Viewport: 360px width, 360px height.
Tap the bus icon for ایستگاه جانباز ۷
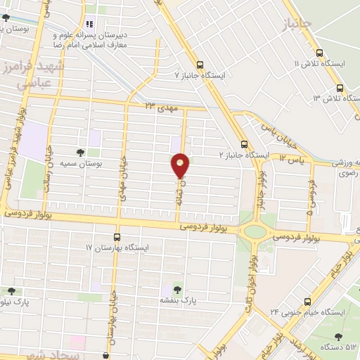200,63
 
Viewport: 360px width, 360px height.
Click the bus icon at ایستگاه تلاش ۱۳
340,88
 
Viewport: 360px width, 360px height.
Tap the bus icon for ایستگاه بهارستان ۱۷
117,238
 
